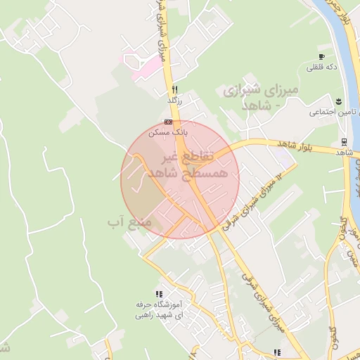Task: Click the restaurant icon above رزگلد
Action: click(174, 89)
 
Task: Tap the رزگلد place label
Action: click(174, 101)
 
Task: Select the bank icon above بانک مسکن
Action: click(167, 122)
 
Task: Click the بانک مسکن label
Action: click(167, 131)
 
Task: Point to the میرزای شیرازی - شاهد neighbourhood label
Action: click(260, 98)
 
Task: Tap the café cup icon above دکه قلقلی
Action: click(321, 56)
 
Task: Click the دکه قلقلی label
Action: click(321, 67)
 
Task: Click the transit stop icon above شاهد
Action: click(343, 141)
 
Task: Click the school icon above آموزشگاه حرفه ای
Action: click(159, 293)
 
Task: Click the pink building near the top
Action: click(143, 67)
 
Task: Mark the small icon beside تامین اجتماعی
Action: click(339, 101)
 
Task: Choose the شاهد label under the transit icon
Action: click(344, 152)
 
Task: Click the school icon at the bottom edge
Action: click(278, 352)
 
